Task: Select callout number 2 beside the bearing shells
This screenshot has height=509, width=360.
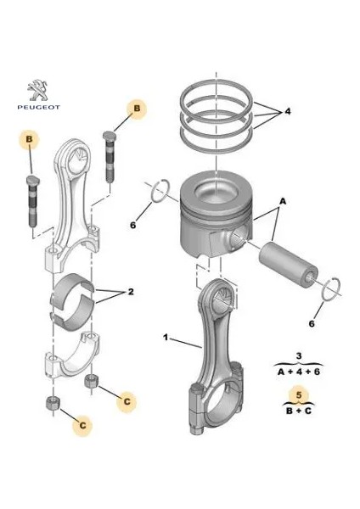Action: click(x=131, y=292)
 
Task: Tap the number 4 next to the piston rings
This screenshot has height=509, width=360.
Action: click(x=287, y=111)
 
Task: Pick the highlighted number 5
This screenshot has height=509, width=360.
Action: click(x=298, y=393)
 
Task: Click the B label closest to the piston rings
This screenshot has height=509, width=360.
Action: click(x=137, y=108)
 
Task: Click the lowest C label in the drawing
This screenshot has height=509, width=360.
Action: click(x=84, y=422)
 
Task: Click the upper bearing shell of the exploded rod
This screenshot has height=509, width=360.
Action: click(x=74, y=287)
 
